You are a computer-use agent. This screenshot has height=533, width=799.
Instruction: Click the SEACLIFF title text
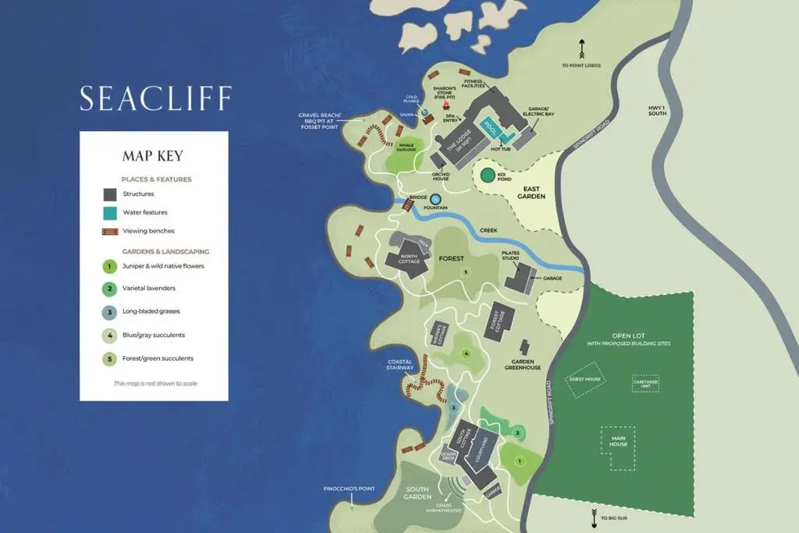tap(155, 98)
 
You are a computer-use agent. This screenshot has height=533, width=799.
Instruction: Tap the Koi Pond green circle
tap(488, 175)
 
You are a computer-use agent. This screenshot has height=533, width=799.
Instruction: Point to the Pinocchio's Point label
tap(350, 489)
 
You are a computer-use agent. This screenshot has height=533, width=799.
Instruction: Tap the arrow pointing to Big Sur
tap(595, 514)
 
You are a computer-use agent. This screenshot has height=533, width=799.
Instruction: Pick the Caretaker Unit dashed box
tap(645, 383)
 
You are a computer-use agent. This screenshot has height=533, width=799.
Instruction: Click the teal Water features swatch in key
tap(110, 212)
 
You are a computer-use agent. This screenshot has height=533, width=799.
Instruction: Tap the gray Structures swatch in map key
tap(110, 194)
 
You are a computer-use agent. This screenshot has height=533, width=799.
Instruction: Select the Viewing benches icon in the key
tap(110, 232)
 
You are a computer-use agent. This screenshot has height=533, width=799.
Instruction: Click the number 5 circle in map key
tap(110, 359)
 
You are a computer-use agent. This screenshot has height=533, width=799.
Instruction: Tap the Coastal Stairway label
tap(399, 364)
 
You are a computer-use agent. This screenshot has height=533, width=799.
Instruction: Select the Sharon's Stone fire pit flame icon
tap(446, 105)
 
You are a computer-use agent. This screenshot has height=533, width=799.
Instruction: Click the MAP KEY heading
tap(153, 156)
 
